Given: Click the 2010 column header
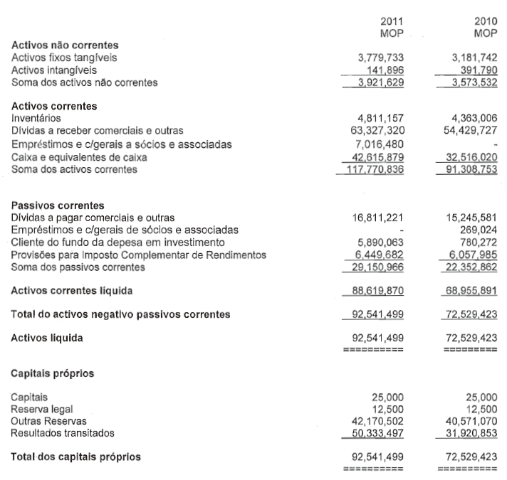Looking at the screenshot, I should tap(484, 22).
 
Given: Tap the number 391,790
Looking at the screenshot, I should tap(475, 70).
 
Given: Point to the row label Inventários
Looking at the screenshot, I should tap(36, 118).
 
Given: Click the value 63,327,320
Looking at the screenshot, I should tap(377, 131).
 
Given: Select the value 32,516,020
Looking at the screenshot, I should tap(471, 157).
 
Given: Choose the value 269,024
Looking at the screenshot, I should tap(479, 230).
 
